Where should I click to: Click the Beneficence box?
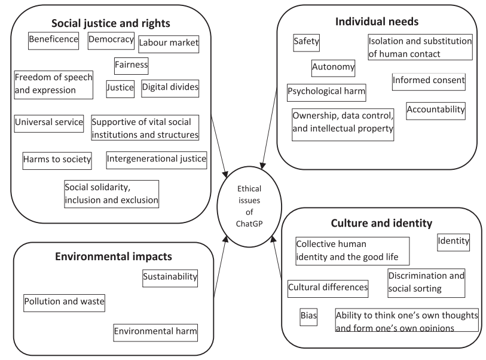click(x=53, y=41)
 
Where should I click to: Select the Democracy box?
click(x=111, y=41)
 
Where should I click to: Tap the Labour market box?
click(x=169, y=44)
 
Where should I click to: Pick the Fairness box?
click(x=132, y=66)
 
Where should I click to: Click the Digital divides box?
click(x=170, y=89)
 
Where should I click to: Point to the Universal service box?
click(x=49, y=124)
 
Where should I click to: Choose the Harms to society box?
click(x=57, y=161)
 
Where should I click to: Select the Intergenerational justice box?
click(x=157, y=160)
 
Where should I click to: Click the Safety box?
click(x=307, y=43)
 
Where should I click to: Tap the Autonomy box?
click(x=333, y=68)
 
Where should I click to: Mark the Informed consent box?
click(x=429, y=82)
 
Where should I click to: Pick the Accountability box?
click(x=436, y=111)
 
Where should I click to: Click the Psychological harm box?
click(x=326, y=93)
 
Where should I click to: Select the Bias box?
click(x=308, y=317)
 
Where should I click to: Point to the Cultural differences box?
click(x=328, y=289)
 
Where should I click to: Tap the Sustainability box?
click(x=170, y=278)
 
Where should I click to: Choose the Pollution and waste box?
click(x=64, y=303)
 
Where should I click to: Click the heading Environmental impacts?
click(x=114, y=257)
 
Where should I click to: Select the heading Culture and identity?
click(x=381, y=223)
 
